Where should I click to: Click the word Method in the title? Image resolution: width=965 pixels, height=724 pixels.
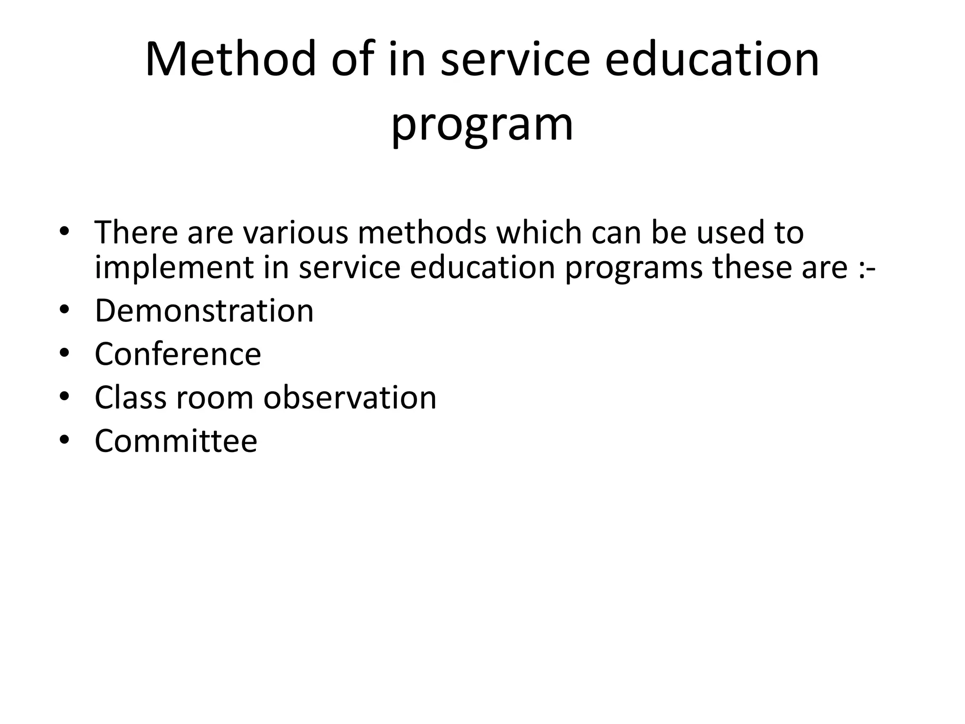pos(230,60)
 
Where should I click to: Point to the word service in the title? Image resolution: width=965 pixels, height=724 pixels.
pos(515,60)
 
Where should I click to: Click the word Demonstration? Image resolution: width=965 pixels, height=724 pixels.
pos(204,311)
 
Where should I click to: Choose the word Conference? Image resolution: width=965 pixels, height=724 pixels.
pos(178,354)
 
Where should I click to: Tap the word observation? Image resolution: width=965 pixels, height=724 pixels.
pos(350,397)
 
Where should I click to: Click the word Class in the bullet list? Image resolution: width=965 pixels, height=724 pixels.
pos(131,397)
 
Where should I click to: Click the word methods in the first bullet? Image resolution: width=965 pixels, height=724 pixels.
pos(422,232)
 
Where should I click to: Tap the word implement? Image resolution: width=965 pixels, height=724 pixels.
pos(174,268)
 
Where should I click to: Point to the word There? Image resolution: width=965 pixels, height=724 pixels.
pos(136,232)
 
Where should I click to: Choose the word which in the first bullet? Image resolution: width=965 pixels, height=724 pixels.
pos(537,232)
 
